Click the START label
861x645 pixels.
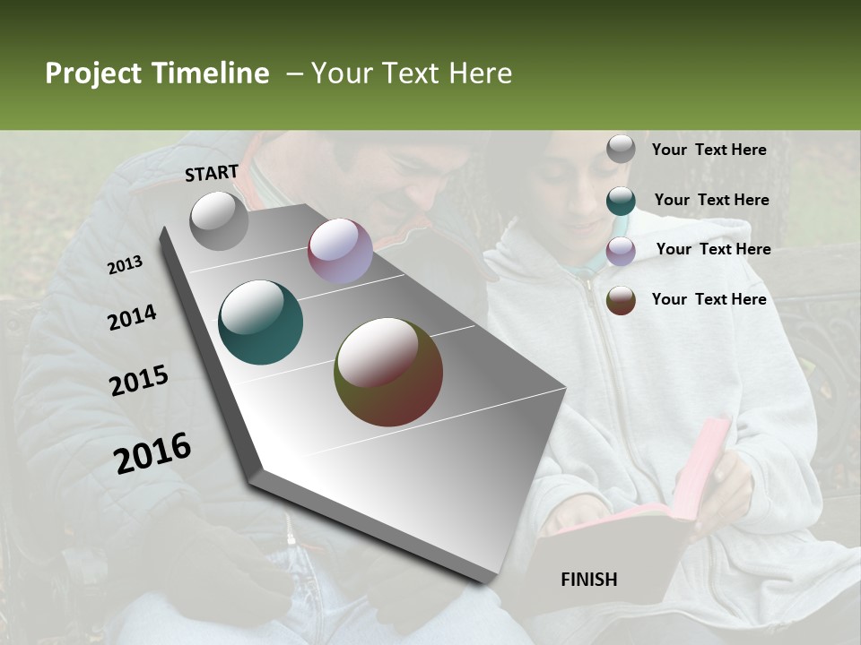click(x=212, y=172)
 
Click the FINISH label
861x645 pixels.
click(x=588, y=580)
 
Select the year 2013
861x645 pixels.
click(x=125, y=265)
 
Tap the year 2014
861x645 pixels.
click(x=132, y=317)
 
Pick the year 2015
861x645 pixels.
click(x=139, y=381)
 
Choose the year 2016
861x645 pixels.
click(x=152, y=452)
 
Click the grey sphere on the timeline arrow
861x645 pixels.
click(x=219, y=220)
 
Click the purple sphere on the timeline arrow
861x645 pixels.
click(x=340, y=251)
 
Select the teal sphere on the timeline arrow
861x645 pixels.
click(x=260, y=322)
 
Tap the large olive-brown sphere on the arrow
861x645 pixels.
click(x=388, y=372)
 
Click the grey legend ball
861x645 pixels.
click(x=621, y=150)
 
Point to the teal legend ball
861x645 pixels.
click(x=621, y=201)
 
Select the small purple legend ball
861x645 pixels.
click(x=621, y=251)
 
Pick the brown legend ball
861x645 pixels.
click(x=621, y=300)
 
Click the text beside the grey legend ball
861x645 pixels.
click(x=709, y=150)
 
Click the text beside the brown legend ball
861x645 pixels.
click(x=709, y=299)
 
